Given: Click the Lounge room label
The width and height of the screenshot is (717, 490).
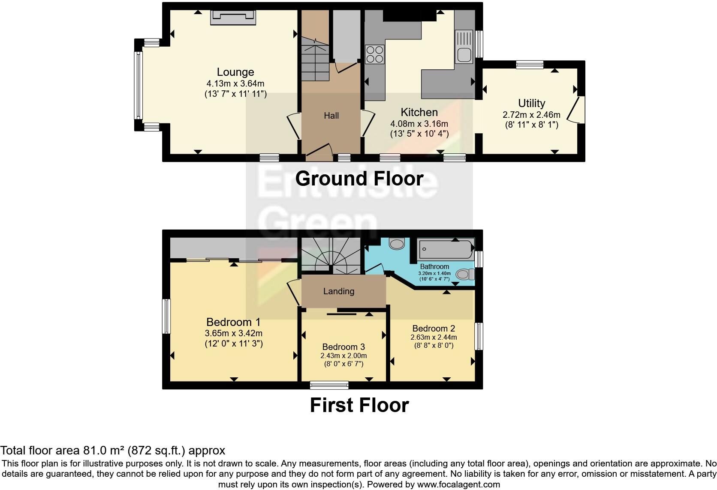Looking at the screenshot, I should click(235, 72).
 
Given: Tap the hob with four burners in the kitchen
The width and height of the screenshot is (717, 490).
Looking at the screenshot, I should click(374, 54).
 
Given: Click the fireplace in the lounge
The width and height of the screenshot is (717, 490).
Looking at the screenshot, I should click(233, 18).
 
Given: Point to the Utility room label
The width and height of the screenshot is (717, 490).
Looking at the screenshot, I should click(531, 103).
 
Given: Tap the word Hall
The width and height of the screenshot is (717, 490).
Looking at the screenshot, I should click(331, 116).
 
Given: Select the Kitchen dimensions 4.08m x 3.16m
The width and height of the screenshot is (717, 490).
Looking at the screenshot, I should click(419, 124).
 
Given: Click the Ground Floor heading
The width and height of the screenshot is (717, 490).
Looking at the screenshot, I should click(359, 179).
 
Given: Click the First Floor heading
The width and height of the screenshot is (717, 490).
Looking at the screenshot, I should click(359, 405).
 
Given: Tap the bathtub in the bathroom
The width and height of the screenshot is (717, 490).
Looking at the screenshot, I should click(446, 248).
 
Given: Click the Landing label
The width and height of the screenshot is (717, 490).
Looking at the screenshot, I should click(338, 291).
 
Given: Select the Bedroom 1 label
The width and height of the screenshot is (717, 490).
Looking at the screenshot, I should click(233, 322).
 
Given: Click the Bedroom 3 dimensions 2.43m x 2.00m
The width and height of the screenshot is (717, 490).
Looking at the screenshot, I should click(343, 356).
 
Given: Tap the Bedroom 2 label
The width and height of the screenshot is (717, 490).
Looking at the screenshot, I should click(434, 329).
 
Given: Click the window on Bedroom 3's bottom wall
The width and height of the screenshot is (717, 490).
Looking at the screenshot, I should click(329, 385).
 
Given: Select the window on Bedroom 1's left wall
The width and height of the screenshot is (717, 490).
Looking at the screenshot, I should click(166, 316).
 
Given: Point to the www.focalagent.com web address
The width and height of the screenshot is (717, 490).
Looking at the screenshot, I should click(458, 485).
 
